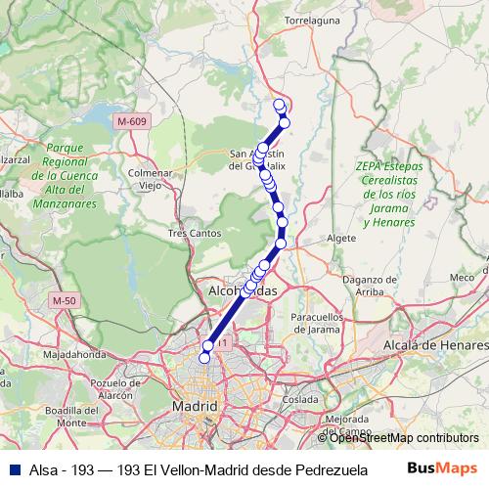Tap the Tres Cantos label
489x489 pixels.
[x=191, y=234]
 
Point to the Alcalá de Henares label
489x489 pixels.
[x=436, y=346]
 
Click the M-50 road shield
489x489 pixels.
[x=65, y=300]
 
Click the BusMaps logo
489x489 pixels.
[x=445, y=468]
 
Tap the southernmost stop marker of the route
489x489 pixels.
[x=204, y=359]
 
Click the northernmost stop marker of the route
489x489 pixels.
[x=279, y=104]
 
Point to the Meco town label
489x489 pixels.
[x=462, y=278]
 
